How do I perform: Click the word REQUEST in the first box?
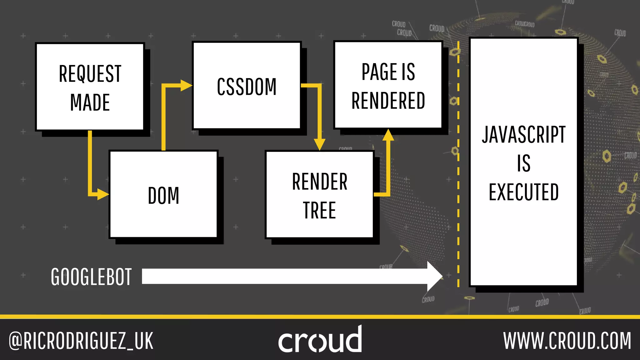pos(90,74)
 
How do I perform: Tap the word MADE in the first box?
pos(90,102)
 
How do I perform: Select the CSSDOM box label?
pos(247,87)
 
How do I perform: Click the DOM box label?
pos(163,196)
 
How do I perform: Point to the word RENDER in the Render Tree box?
pos(319,182)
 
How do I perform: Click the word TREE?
pos(319,210)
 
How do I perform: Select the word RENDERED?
pos(388,101)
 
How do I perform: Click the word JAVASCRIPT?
pos(524,135)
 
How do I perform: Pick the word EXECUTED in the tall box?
pos(524,192)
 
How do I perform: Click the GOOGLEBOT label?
pos(91,277)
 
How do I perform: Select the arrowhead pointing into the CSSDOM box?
pos(186,85)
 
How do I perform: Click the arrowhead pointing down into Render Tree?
pos(319,144)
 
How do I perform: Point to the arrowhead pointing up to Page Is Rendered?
pos(388,135)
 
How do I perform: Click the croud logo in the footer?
pos(320,340)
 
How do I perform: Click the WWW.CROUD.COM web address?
pos(567,341)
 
